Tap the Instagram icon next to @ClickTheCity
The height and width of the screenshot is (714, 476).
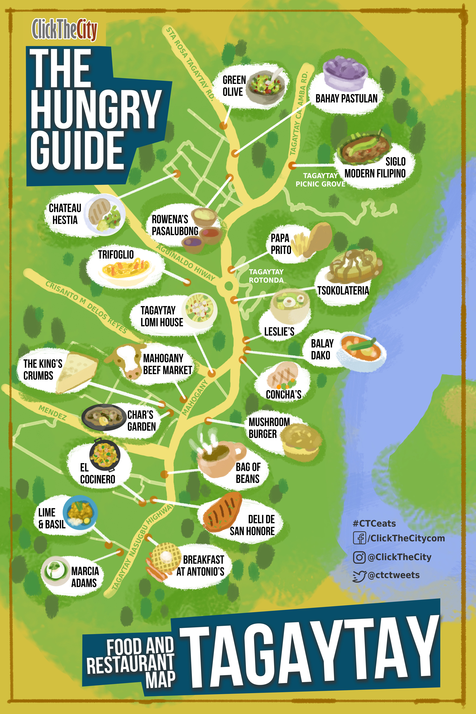coord(359,557)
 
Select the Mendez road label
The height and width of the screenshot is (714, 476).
coord(52,413)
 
